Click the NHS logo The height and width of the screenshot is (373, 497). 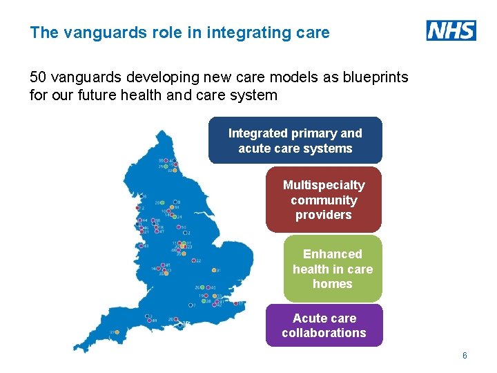(x=451, y=30)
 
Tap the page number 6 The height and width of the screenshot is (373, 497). (x=465, y=356)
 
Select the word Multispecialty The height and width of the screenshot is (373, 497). (x=324, y=185)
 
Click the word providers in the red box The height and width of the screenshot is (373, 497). (x=324, y=215)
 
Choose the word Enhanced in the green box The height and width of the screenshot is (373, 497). (x=332, y=254)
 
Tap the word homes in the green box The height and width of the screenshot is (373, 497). (x=332, y=284)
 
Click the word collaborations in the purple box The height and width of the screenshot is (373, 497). (x=324, y=333)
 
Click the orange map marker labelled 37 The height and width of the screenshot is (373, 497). (x=117, y=332)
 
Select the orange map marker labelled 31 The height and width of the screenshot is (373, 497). (x=215, y=270)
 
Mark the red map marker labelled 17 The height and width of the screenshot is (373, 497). (x=235, y=303)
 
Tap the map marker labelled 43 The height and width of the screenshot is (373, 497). (x=141, y=246)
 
